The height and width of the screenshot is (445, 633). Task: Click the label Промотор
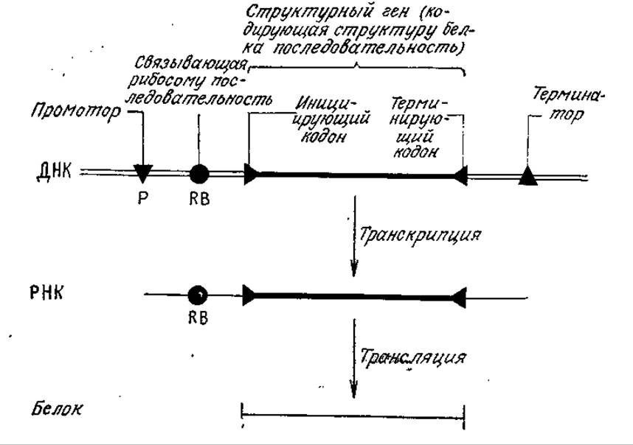point(76,110)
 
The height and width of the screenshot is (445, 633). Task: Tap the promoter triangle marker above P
point(143,173)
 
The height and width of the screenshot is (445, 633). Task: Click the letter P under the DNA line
point(142,198)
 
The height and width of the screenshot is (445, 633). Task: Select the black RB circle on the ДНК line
point(199,174)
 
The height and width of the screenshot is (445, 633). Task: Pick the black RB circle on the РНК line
point(198,295)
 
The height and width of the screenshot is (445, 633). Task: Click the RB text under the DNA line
point(199,199)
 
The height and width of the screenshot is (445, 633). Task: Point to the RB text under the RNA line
point(198,318)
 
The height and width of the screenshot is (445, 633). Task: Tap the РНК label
point(46,293)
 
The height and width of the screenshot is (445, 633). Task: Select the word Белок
point(57,409)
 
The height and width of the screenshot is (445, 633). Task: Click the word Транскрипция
point(420,234)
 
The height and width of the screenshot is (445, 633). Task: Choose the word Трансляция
point(412,357)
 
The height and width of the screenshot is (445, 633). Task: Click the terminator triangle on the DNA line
point(527,176)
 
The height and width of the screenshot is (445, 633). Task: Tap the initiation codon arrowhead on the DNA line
point(251,174)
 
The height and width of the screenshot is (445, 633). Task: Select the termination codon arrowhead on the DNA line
point(460,175)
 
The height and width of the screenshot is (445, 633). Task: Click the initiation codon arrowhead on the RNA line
point(249,295)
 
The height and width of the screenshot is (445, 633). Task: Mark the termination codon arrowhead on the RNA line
point(459,298)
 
